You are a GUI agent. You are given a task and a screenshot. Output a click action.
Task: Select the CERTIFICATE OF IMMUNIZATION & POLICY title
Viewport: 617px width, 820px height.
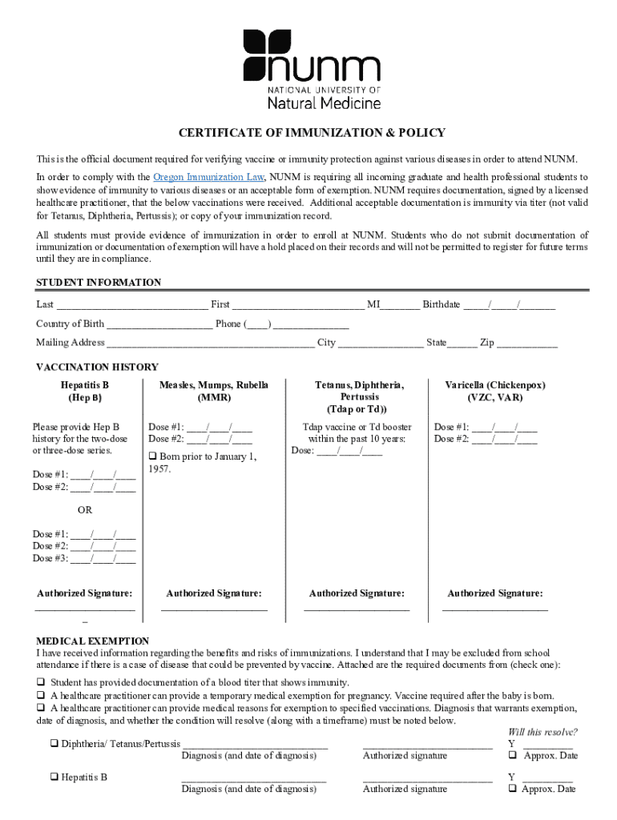(x=311, y=133)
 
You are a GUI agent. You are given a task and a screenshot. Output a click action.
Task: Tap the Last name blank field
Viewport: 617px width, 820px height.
(x=132, y=305)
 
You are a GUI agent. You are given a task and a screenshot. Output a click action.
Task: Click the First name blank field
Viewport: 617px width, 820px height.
(x=298, y=305)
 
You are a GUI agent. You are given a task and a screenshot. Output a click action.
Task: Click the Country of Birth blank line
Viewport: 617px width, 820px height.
(x=159, y=324)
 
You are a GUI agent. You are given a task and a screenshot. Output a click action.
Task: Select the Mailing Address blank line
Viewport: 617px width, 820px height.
(x=210, y=344)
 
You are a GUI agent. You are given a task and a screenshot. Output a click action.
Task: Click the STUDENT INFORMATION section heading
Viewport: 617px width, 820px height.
(x=99, y=283)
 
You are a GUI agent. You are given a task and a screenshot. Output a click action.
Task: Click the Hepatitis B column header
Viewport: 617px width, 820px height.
(x=84, y=391)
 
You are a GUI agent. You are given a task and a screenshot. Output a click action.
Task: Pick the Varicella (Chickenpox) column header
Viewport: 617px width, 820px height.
(x=495, y=391)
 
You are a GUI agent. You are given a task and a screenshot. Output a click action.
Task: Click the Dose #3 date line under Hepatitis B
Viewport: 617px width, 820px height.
(x=103, y=558)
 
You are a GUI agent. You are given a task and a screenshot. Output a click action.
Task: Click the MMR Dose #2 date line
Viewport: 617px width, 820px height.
(x=219, y=439)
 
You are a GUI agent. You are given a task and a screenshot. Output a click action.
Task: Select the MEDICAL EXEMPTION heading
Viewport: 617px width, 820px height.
(x=92, y=641)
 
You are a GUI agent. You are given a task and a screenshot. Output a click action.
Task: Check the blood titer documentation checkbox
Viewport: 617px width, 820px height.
(x=41, y=682)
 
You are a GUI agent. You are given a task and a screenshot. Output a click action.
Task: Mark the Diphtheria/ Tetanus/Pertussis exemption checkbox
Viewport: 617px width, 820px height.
(x=54, y=744)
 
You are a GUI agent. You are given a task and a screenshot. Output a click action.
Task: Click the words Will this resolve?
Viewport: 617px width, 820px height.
(x=542, y=732)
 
